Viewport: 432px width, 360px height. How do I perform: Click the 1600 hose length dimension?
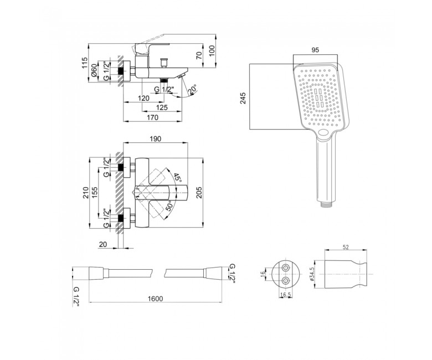(x=156, y=299)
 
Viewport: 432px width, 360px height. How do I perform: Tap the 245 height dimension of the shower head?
(x=243, y=99)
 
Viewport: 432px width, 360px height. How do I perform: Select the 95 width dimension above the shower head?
(x=315, y=50)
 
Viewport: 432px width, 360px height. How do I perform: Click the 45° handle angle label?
(x=177, y=178)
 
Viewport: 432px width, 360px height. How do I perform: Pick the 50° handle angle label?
(x=169, y=206)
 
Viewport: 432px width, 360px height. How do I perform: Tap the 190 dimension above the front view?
(x=156, y=138)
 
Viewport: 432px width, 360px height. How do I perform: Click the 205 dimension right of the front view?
(x=199, y=192)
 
